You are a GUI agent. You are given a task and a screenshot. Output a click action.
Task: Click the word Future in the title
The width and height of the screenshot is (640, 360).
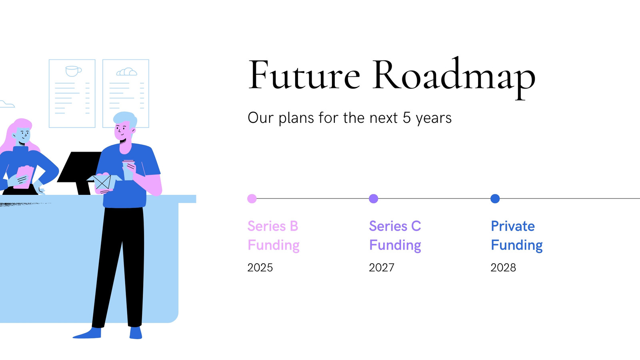coord(304,75)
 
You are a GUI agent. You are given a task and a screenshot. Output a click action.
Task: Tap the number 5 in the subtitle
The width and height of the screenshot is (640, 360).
coord(407,118)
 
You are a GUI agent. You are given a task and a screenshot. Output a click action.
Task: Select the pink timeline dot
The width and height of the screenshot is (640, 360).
coord(252,198)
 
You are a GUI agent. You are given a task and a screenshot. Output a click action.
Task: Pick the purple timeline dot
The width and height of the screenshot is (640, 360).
coord(374,198)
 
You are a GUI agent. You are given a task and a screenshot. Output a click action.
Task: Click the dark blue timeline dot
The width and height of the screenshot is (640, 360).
coord(495,198)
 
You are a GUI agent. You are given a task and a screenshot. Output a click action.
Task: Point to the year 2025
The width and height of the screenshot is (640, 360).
coord(260,268)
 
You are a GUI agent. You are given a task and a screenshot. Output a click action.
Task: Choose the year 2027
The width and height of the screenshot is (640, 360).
coord(382,268)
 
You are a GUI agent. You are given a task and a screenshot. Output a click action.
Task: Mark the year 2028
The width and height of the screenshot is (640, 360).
coord(503,268)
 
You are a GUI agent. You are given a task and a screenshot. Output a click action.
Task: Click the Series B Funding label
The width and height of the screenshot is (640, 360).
coord(274,236)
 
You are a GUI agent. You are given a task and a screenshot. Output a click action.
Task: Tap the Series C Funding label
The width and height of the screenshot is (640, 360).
coord(395,236)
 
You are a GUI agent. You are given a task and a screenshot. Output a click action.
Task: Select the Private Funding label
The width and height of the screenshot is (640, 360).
coord(516,236)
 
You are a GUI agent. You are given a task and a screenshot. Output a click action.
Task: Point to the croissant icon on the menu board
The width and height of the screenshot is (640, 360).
coord(126,72)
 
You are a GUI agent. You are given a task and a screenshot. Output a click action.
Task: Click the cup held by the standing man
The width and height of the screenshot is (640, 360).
coord(128,170)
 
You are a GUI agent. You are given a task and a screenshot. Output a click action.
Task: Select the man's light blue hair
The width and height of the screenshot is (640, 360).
coord(126,118)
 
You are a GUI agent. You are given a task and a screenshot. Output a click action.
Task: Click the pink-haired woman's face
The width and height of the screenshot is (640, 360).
coord(23,135)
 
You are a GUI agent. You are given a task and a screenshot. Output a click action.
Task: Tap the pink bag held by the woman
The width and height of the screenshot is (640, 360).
coord(24,177)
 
